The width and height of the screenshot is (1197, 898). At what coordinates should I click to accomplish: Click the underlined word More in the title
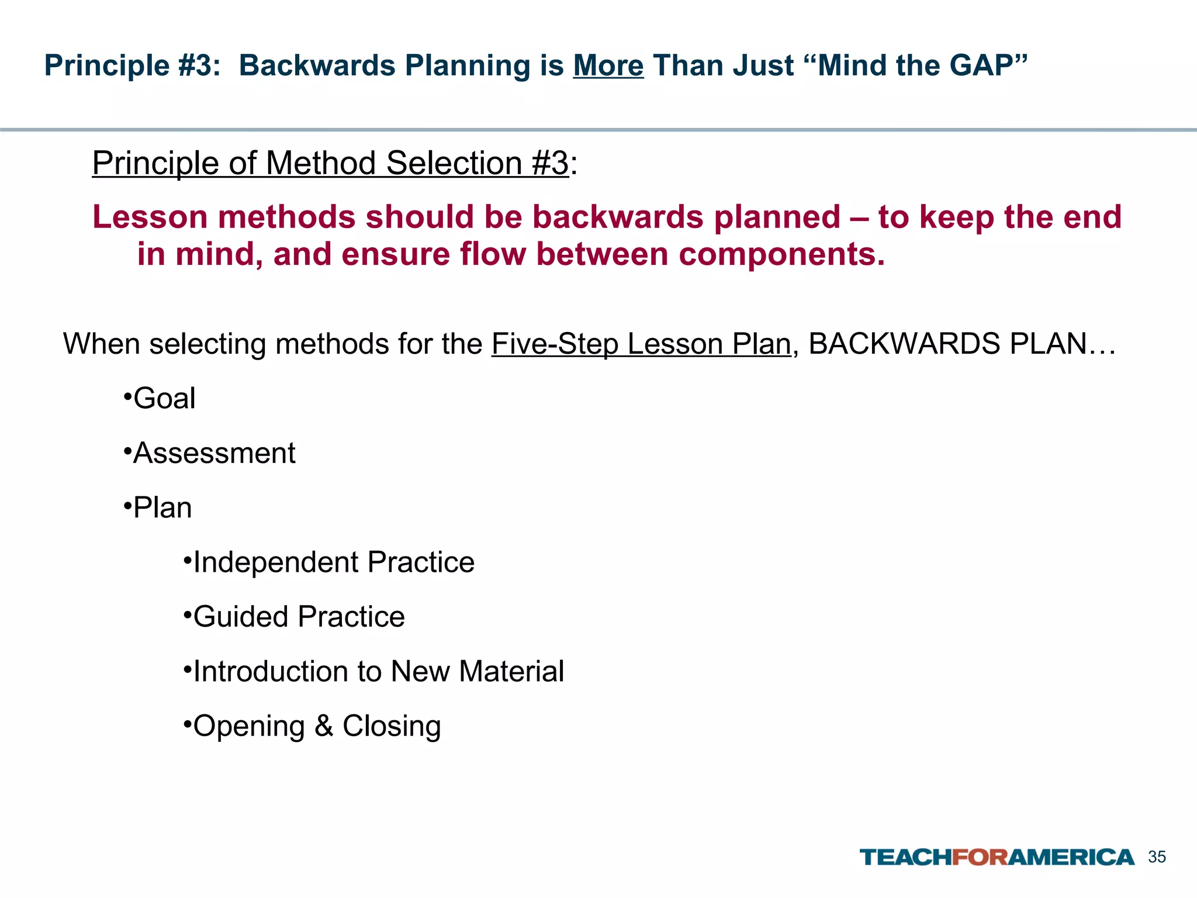pos(608,65)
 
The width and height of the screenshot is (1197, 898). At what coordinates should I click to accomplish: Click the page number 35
pos(1157,857)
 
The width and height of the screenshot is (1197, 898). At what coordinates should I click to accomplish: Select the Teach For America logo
pos(997,857)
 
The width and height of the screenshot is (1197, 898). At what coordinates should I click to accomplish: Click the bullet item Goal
pos(164,399)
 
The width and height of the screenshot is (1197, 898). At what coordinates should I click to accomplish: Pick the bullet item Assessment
pos(214,453)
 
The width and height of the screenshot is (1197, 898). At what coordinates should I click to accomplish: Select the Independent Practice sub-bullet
pos(333,562)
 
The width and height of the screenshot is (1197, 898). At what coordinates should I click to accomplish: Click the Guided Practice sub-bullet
pos(299,617)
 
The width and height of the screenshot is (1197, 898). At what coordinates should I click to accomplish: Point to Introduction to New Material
pos(378,671)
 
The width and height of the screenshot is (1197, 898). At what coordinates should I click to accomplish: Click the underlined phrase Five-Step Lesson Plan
pos(641,344)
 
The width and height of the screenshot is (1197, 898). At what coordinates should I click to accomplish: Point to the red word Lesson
pos(150,217)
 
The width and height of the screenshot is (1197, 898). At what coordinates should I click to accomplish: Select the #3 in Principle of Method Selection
pos(550,163)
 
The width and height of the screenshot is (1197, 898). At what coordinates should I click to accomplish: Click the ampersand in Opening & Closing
pos(323,726)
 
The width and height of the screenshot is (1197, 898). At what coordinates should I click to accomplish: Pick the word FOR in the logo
pos(980,857)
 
